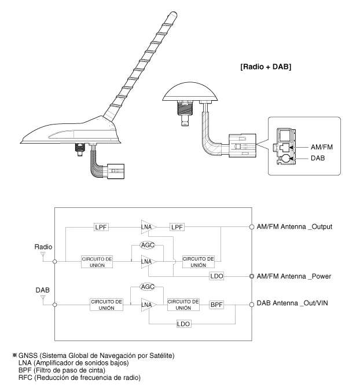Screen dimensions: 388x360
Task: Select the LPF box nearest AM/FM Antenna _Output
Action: [x=177, y=226]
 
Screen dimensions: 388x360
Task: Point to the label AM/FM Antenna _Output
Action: [x=294, y=226]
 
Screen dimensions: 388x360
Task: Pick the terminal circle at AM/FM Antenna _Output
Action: [x=251, y=226]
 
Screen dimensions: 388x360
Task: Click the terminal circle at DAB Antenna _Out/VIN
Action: [x=251, y=303]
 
